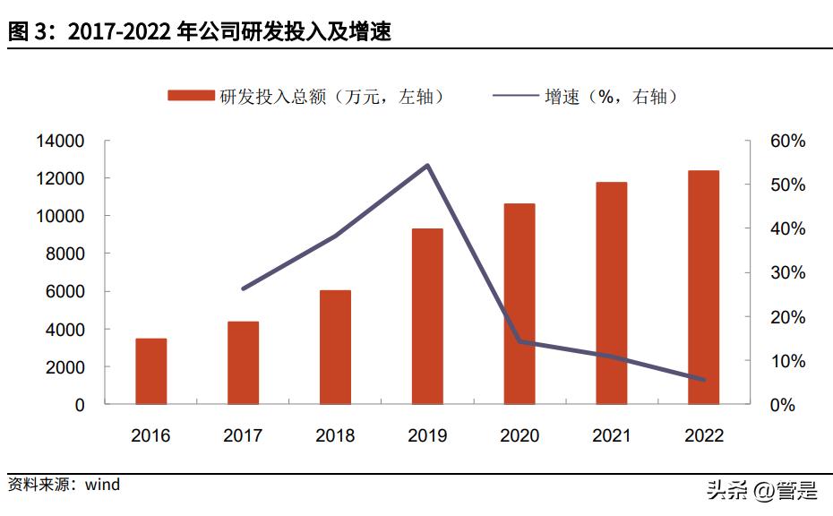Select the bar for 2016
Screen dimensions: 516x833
click(150, 371)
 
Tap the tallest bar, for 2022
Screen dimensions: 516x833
click(704, 287)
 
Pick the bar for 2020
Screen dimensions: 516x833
click(520, 304)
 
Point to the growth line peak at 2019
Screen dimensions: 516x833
click(428, 166)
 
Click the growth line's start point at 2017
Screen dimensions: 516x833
click(244, 288)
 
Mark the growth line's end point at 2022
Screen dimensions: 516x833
click(704, 380)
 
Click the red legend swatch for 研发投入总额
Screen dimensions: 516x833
click(191, 96)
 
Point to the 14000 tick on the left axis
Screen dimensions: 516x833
click(60, 142)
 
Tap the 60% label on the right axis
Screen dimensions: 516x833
click(788, 142)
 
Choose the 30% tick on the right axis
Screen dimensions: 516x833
click(788, 273)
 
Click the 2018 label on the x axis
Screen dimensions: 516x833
click(335, 436)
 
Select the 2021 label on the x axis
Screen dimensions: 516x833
click(612, 436)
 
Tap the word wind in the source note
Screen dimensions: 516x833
click(102, 485)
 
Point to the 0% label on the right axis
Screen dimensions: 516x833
click(783, 405)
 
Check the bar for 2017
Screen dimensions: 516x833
click(243, 363)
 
